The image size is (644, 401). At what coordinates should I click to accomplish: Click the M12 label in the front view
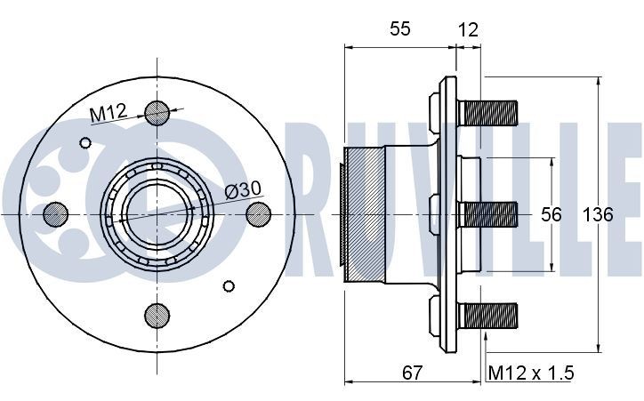point(109,114)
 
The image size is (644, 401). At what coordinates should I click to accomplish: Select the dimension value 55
point(399,29)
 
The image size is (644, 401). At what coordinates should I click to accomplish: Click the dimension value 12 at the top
point(468,29)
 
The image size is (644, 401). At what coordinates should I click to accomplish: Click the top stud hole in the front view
point(157,113)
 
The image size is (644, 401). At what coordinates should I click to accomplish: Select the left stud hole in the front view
point(56,213)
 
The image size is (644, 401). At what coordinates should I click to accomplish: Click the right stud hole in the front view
point(257,213)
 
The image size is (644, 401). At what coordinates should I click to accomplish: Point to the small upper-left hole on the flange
point(85,142)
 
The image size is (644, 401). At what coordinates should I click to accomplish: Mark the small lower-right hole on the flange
point(229,285)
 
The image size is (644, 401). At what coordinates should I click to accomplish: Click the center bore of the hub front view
point(157,213)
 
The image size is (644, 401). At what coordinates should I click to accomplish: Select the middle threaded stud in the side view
point(488,214)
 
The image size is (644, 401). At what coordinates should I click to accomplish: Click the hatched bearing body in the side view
point(364,214)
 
